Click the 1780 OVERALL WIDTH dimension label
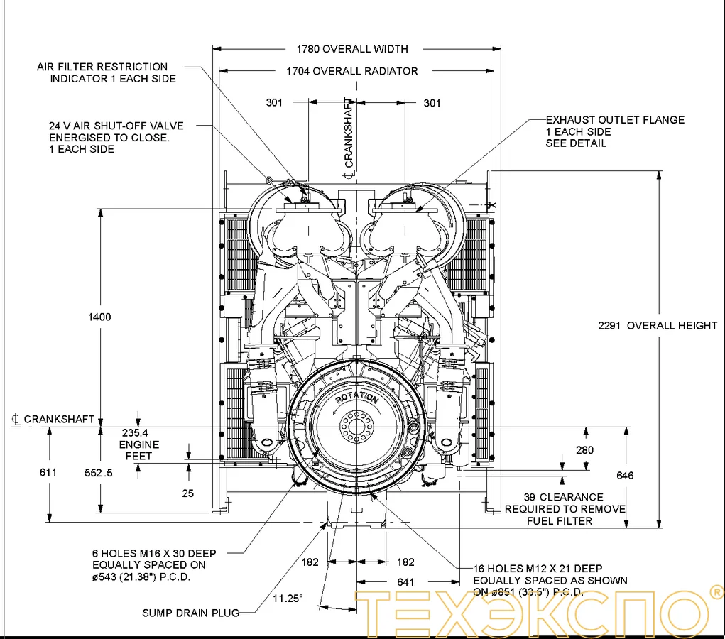[352, 49]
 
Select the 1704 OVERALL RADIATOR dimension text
[351, 71]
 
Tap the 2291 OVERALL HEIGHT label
[658, 325]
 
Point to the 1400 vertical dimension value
[100, 317]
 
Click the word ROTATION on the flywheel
[357, 399]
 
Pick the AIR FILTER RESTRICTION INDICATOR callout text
[107, 72]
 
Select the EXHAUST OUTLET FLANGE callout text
[615, 131]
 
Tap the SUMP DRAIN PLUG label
[190, 613]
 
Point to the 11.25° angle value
[288, 598]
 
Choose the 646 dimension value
[625, 475]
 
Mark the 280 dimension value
[585, 449]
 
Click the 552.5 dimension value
[99, 472]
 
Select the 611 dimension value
[49, 472]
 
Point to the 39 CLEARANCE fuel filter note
[565, 508]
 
